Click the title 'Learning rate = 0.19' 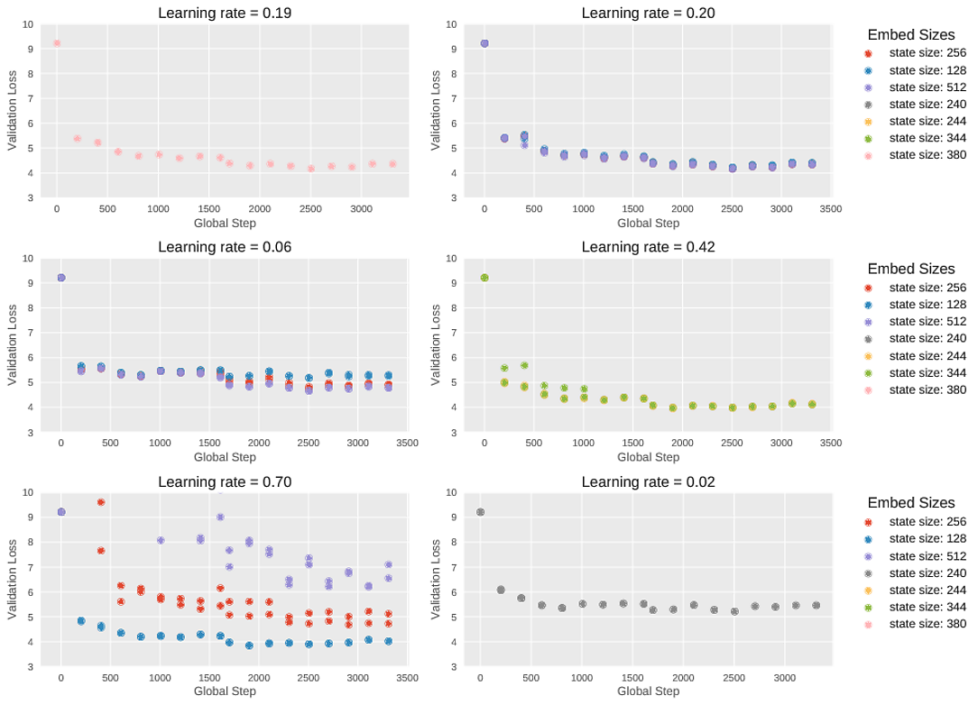(225, 13)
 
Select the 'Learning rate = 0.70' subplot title (225, 482)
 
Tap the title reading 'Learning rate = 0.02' (648, 482)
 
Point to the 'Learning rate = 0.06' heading (225, 247)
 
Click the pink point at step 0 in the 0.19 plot (57, 43)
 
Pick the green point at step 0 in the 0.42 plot (484, 278)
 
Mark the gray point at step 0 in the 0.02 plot (480, 512)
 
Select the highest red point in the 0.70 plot (101, 502)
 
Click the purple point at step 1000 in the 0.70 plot (161, 540)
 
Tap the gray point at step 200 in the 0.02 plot (501, 590)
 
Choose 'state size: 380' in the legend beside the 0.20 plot (927, 156)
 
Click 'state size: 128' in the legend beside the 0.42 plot (927, 305)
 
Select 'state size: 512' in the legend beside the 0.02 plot (927, 555)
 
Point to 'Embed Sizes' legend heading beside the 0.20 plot (911, 35)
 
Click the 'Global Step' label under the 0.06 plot (225, 457)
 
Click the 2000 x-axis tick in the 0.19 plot (260, 209)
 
